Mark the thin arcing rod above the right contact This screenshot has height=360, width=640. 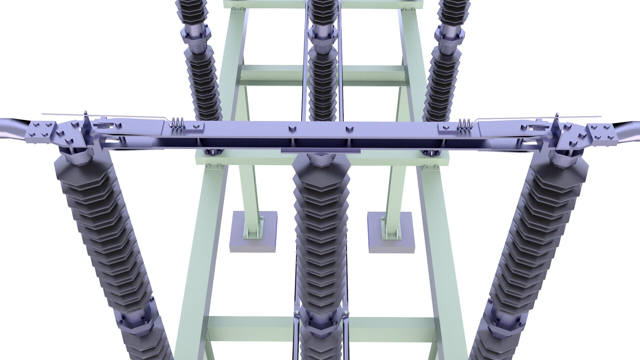(x=540, y=118)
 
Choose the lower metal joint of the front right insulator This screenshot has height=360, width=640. (x=507, y=320)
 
